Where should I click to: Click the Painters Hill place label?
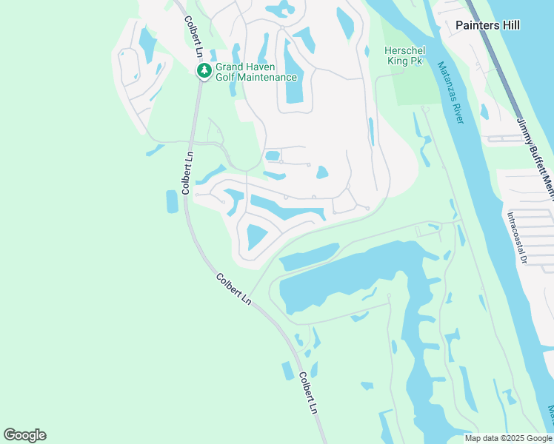488,25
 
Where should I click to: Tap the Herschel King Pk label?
404,55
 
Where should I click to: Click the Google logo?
24,435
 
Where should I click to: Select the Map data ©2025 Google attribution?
507,438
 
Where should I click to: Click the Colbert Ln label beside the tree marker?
193,37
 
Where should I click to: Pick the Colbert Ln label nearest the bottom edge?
309,393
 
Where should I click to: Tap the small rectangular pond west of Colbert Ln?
172,201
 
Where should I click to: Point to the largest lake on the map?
348,277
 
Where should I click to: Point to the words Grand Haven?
245,67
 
